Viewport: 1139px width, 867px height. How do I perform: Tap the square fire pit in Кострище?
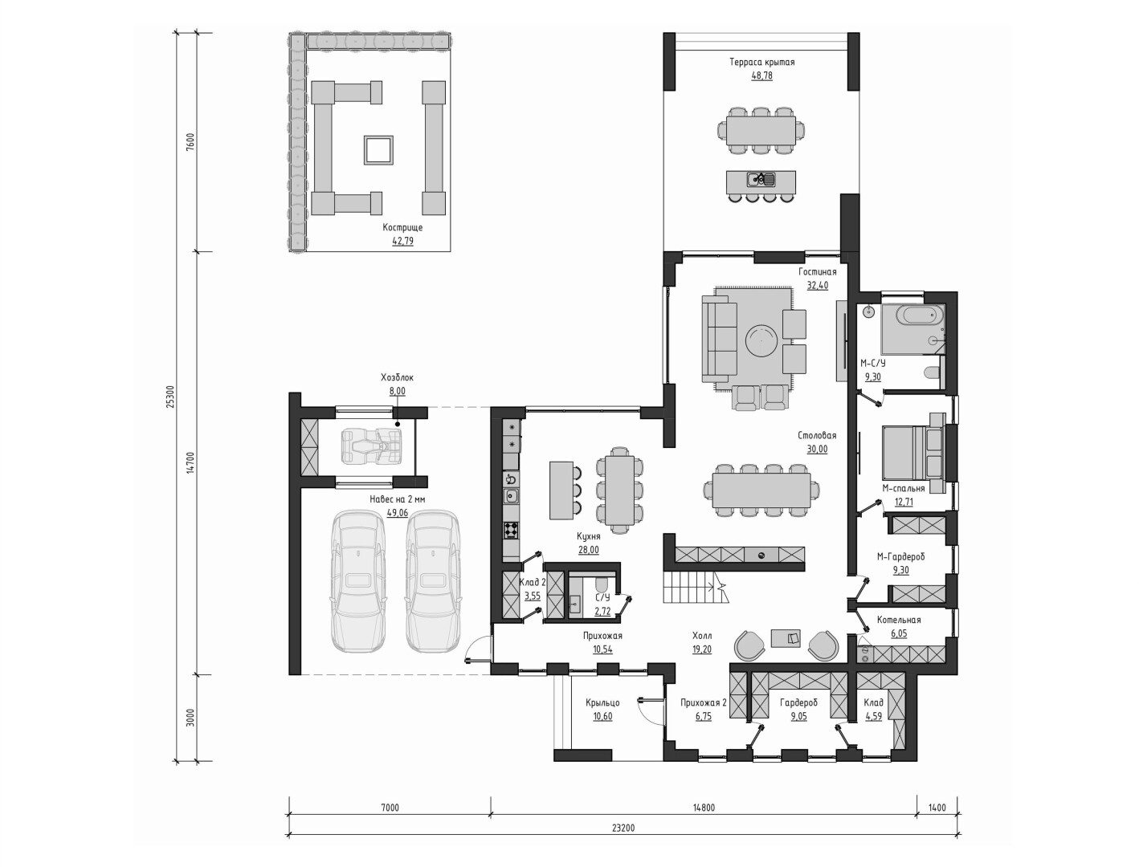click(x=378, y=150)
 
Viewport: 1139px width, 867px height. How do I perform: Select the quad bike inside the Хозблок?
click(x=372, y=446)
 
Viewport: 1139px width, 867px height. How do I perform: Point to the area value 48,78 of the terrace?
click(x=761, y=75)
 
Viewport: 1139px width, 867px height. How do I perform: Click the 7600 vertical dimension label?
click(x=190, y=141)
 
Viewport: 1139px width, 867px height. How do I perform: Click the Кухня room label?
click(x=589, y=537)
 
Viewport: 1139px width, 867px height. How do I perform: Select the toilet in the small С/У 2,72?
click(x=602, y=584)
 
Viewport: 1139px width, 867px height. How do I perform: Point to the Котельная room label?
click(x=899, y=620)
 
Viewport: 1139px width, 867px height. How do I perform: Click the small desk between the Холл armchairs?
click(x=786, y=637)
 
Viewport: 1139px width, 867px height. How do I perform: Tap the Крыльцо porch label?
click(x=602, y=702)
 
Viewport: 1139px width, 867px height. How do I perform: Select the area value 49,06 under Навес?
click(x=398, y=513)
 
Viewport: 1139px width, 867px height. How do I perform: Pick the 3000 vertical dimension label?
click(x=190, y=718)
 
